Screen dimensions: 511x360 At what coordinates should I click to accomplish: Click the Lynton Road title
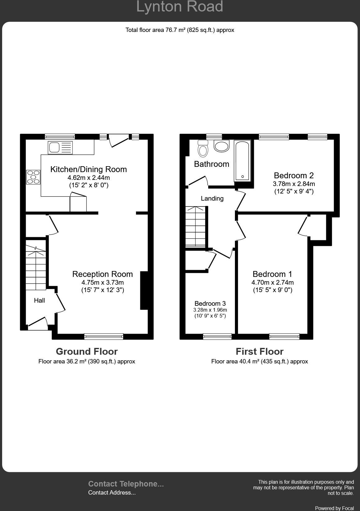180,7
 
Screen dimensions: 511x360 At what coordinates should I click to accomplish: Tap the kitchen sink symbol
60,148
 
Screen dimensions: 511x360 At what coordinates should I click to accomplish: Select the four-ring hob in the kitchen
33,177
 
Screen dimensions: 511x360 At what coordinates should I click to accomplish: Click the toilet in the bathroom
203,149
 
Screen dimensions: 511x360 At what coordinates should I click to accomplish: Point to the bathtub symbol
242,161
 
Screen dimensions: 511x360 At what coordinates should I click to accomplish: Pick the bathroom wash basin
222,146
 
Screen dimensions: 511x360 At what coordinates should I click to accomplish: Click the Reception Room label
102,274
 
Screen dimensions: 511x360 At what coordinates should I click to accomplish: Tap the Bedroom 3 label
210,304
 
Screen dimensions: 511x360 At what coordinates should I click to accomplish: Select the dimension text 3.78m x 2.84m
294,184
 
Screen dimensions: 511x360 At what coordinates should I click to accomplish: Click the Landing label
212,198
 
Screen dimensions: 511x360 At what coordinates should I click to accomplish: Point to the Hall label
39,300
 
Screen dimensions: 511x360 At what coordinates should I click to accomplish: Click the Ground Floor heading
87,351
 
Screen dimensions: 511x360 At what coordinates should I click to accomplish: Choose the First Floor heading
259,351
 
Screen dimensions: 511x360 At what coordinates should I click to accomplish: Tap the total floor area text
180,30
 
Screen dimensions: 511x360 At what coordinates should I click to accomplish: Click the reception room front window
104,336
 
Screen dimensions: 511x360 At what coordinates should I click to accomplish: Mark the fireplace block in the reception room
144,290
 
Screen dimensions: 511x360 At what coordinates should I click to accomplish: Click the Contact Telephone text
126,484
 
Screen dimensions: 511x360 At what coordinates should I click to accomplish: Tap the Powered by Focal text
334,508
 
